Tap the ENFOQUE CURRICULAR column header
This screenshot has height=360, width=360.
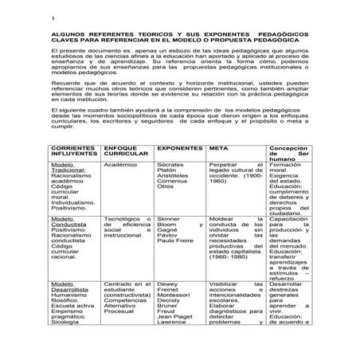120,151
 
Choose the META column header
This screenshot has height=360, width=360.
217,148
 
